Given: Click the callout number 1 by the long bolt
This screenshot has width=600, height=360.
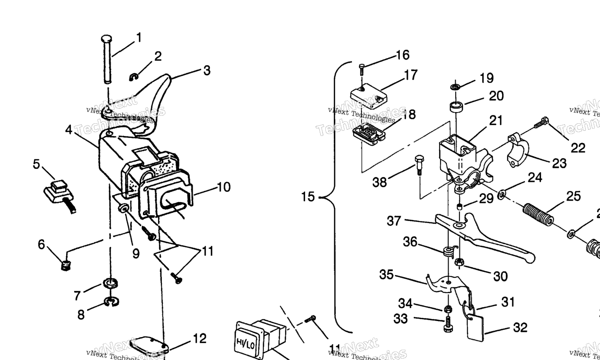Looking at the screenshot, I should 139,37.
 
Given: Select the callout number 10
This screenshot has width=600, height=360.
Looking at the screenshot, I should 224,187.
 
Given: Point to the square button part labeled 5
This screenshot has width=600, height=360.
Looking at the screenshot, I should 58,190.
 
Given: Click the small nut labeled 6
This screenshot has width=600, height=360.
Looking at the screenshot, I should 66,266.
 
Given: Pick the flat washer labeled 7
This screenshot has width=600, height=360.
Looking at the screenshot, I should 110,284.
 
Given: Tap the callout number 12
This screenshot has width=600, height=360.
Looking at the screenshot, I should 199,338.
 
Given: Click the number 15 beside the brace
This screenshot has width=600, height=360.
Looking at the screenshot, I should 307,197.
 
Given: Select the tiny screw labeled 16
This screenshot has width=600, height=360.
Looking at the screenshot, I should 362,69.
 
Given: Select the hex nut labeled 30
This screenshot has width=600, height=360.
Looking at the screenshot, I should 460,262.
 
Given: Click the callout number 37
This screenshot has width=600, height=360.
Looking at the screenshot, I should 394,220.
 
